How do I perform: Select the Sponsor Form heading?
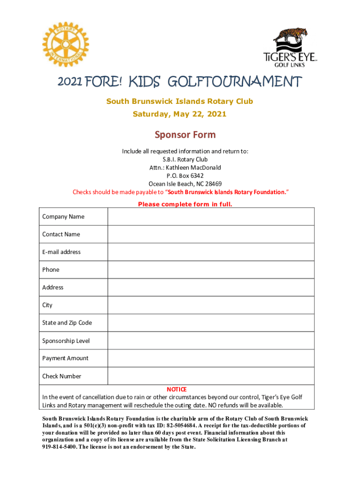point(185,135)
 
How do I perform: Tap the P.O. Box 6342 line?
point(185,175)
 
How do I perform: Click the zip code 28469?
point(213,183)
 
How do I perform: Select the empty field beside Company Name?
point(211,217)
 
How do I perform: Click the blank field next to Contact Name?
point(211,234)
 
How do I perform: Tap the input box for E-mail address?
point(211,252)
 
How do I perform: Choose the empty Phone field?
point(211,269)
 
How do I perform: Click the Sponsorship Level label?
point(66,341)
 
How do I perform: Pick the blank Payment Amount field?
point(211,358)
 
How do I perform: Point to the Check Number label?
point(62,376)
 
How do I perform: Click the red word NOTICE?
point(177,389)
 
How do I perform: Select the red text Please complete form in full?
point(185,204)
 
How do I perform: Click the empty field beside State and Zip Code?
point(211,323)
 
